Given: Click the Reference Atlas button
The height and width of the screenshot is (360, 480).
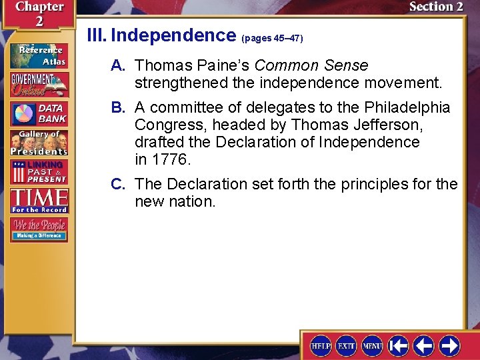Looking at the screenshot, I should point(39,56).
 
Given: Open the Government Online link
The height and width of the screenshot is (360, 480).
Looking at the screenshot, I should point(39,85).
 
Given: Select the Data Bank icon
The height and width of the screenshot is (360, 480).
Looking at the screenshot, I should point(39,114).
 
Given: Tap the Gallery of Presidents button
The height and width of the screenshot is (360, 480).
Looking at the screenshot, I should point(39,142).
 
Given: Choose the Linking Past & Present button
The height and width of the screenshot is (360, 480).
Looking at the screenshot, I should point(39,171).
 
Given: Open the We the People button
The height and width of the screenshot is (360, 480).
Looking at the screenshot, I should point(39,229).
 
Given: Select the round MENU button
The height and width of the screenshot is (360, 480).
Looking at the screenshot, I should point(372,345).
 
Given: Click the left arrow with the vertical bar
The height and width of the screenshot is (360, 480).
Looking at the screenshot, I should point(399,345).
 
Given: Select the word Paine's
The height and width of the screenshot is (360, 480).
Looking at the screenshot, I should point(219,65).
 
